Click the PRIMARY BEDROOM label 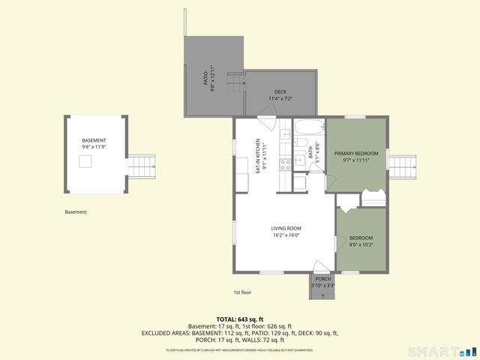356,153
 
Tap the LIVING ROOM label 286,228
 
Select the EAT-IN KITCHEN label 256,157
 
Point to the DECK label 280,91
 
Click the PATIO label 205,78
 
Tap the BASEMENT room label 94,141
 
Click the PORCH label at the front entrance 322,279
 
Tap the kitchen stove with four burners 286,163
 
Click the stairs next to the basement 142,163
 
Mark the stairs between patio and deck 236,82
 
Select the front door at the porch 321,268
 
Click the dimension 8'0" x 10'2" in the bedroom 361,244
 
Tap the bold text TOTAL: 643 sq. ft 240,319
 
